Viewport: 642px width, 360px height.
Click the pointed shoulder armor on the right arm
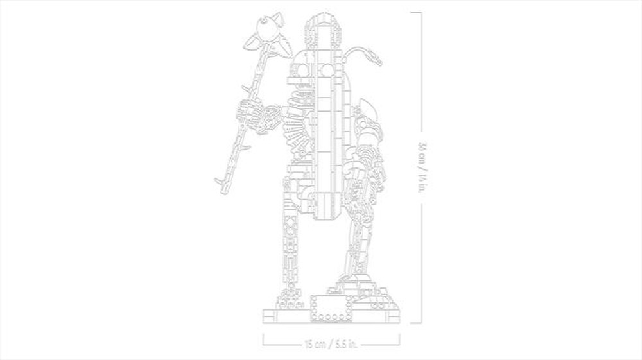point(367,108)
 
